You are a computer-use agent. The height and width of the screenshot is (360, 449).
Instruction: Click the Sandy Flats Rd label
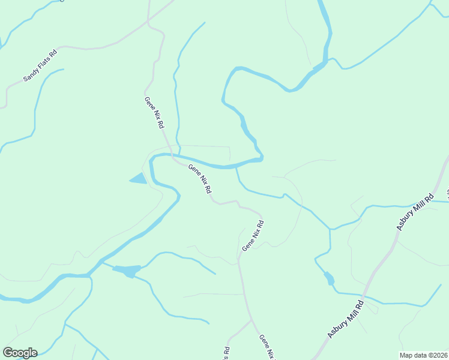[x=40, y=65]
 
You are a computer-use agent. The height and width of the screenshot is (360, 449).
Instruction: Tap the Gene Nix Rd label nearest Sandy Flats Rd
[x=154, y=113]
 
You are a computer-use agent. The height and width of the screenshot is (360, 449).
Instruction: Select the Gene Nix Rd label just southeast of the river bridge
[x=200, y=179]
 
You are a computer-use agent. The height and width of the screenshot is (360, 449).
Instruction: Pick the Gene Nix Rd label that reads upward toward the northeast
[x=253, y=236]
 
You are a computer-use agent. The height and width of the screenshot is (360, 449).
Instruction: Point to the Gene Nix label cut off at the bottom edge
[x=267, y=347]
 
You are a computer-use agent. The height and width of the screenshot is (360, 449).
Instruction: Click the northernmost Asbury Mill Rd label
[x=415, y=212]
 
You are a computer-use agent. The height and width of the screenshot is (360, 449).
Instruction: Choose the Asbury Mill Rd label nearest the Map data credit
[x=346, y=318]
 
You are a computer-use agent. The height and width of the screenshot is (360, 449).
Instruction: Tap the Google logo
[x=20, y=353]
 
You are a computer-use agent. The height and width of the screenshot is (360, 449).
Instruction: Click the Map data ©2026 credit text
[x=423, y=355]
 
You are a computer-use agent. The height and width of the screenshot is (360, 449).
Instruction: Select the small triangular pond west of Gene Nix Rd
[x=139, y=178]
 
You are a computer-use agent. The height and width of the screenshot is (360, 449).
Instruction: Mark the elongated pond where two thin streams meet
[x=127, y=271]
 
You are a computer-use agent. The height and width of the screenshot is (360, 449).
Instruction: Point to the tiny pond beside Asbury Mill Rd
[x=329, y=278]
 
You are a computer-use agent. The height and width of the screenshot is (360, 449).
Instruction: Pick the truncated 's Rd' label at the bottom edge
[x=227, y=352]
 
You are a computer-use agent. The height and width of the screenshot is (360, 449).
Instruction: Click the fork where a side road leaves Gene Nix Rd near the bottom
[x=250, y=321]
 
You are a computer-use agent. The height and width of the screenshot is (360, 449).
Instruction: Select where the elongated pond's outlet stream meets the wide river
[x=90, y=275]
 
